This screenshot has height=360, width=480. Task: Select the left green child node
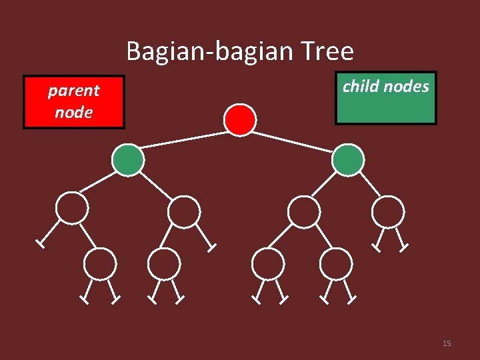click(127, 160)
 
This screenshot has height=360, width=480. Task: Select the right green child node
click(348, 160)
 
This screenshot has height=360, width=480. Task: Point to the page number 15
click(447, 343)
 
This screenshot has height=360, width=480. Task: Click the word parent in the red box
click(73, 91)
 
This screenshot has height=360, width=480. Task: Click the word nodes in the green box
click(407, 86)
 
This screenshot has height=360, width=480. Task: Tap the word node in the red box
click(73, 112)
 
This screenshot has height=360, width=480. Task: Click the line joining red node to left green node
click(183, 139)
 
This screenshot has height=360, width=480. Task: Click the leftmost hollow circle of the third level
click(71, 208)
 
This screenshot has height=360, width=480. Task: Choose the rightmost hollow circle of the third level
click(387, 212)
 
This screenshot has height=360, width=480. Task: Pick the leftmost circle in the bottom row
click(101, 263)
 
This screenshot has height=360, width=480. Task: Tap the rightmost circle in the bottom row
click(336, 263)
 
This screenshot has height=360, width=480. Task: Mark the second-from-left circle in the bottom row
click(164, 263)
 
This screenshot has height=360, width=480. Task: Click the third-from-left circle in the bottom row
click(269, 263)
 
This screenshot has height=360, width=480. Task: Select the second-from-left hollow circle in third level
click(183, 212)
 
